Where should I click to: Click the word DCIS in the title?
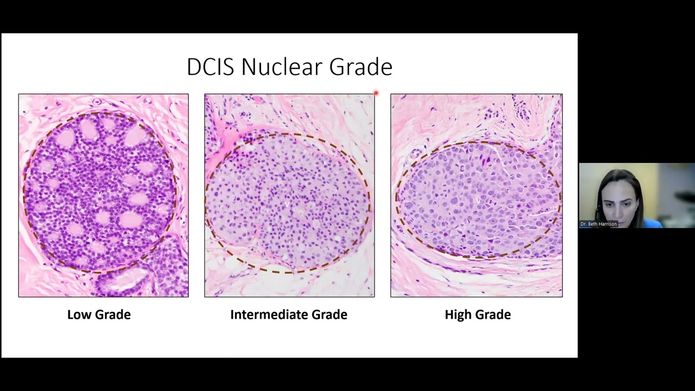211,67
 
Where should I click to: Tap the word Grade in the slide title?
361,67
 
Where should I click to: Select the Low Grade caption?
99,314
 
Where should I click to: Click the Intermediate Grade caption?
288,314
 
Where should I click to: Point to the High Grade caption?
477,314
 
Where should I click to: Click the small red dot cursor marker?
376,93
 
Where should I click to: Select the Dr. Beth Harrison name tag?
598,224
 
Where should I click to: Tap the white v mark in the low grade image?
99,194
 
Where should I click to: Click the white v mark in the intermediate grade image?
287,205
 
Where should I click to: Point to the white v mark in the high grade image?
478,200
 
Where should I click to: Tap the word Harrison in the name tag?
606,224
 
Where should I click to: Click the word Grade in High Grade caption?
492,314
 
